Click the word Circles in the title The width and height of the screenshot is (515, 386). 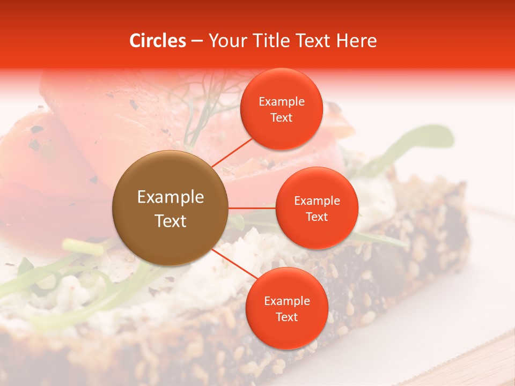click(157, 40)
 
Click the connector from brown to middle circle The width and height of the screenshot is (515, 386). click(252, 207)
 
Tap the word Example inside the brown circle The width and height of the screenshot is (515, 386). click(171, 197)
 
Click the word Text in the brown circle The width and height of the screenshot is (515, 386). click(171, 220)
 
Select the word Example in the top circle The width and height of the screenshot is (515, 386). click(282, 101)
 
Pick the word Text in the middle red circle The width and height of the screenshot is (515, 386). click(317, 217)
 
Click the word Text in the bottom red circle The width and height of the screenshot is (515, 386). click(286, 317)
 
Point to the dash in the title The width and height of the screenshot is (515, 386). click(196, 40)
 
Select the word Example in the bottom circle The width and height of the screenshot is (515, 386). click(286, 301)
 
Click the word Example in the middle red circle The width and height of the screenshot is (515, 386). click(317, 201)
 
